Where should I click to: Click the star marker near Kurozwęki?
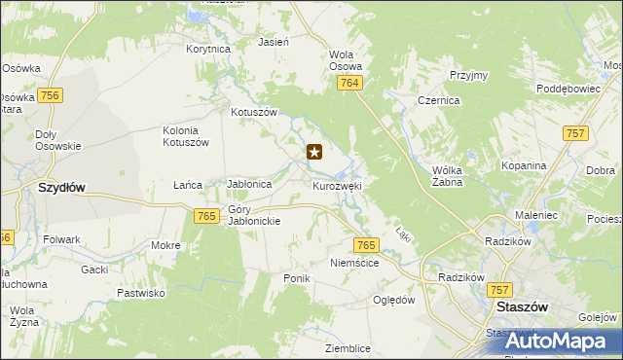click(314, 152)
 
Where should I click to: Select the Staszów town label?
click(522, 306)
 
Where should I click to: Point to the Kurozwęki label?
click(338, 185)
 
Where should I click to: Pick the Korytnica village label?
click(208, 48)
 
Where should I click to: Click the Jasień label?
click(273, 43)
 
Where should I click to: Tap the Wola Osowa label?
click(346, 60)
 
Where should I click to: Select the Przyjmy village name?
click(468, 75)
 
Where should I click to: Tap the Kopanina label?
click(524, 165)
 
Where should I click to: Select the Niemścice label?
click(353, 263)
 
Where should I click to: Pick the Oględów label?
click(394, 300)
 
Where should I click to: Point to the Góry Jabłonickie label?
click(254, 215)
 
